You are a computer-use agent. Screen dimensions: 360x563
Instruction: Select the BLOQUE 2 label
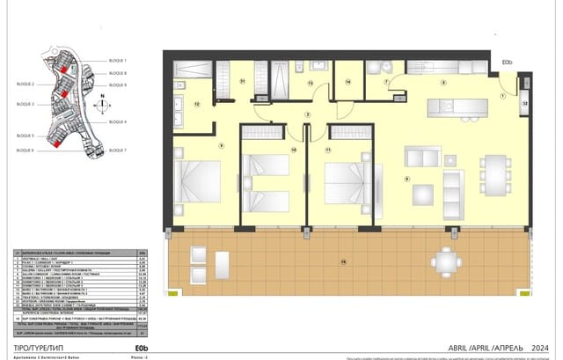[x=21, y=84]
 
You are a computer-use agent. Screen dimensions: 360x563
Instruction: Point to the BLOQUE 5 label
[x=21, y=136]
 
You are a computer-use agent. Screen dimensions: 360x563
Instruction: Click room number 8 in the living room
[x=406, y=180]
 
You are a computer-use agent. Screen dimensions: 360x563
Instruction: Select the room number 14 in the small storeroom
[x=348, y=83]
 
